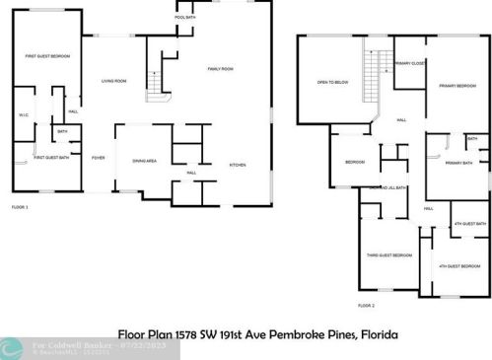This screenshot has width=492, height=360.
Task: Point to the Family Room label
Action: [219, 68]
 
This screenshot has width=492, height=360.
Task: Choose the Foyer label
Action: [99, 157]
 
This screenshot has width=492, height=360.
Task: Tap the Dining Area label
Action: [145, 161]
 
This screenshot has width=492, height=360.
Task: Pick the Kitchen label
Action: [238, 164]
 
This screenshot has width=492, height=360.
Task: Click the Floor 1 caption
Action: [20, 207]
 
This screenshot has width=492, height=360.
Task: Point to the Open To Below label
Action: [328, 82]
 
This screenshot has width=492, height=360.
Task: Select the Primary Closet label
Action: [408, 62]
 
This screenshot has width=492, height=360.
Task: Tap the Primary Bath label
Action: [458, 163]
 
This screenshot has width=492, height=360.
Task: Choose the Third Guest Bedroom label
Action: [387, 254]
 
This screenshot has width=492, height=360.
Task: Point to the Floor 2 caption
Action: [366, 306]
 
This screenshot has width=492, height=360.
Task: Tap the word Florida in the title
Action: [379, 335]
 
